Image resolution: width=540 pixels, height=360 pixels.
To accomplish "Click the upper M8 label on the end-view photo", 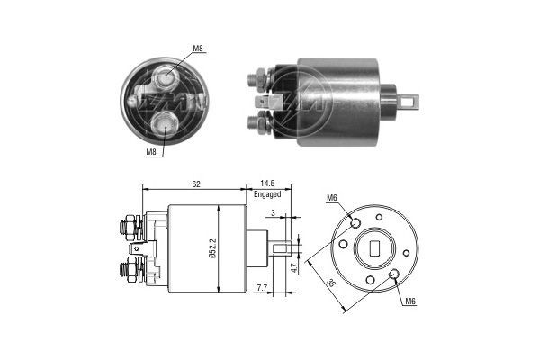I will tap(198, 48).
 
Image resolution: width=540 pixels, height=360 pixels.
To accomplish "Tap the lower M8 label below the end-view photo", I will tap(152, 154).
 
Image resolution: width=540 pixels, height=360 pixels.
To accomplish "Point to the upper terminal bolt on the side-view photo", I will tap(258, 78).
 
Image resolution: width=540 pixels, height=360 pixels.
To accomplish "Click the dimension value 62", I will tap(195, 184).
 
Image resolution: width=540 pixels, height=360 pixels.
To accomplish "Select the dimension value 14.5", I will tap(267, 184).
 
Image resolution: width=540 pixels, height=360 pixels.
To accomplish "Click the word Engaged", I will tap(267, 194).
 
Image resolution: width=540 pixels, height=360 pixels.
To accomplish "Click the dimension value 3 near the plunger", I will tap(274, 212).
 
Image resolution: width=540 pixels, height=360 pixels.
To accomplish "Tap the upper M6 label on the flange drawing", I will tap(332, 198).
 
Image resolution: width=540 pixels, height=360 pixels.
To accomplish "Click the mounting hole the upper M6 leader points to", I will tap(356, 222).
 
